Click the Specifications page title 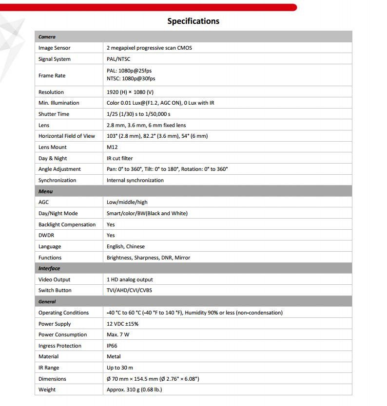(193, 21)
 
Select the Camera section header (47, 37)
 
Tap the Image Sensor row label (54, 48)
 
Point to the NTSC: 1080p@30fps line (131, 78)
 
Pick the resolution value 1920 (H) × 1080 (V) (130, 92)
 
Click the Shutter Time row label (54, 114)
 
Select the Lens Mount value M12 (112, 147)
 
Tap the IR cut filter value (119, 158)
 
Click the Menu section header (45, 191)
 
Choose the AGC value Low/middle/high (127, 202)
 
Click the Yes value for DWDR (111, 235)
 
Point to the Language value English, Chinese (125, 246)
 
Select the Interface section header (49, 268)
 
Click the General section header (47, 302)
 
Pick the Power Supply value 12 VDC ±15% (122, 324)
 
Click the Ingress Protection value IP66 (113, 346)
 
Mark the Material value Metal (114, 356)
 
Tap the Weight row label (47, 389)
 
